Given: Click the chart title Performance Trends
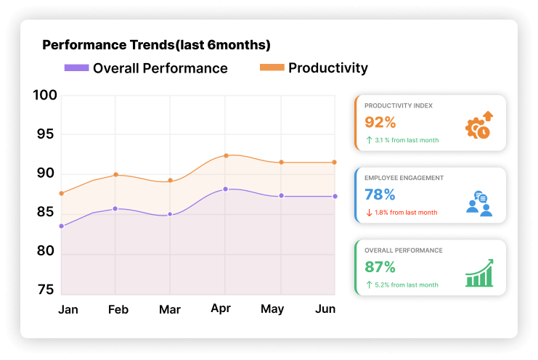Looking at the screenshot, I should click(x=156, y=45).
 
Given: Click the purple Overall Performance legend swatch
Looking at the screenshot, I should click(x=76, y=68).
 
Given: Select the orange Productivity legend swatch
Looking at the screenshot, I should click(x=272, y=68).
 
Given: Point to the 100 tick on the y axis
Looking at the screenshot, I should click(x=45, y=95).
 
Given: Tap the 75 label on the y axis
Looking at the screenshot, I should click(x=45, y=290).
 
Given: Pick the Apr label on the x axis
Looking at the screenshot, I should click(x=221, y=308).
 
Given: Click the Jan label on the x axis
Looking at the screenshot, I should click(x=68, y=310).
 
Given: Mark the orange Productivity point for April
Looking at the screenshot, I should click(x=226, y=155).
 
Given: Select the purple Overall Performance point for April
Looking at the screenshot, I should click(x=226, y=189).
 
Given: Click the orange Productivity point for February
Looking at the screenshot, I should click(x=115, y=175).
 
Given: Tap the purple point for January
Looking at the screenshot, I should click(x=61, y=226).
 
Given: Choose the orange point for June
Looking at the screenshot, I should click(x=334, y=162).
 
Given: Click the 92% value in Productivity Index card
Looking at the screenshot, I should click(x=380, y=122).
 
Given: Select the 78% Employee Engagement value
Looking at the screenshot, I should click(x=380, y=195).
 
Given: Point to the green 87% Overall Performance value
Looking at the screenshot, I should click(x=380, y=266).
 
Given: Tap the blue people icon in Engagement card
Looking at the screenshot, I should click(x=479, y=203).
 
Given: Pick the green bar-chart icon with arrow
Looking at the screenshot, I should click(x=479, y=273).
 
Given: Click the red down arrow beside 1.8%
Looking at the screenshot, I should click(x=369, y=213).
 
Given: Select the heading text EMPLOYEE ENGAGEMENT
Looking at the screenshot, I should click(x=404, y=178).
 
